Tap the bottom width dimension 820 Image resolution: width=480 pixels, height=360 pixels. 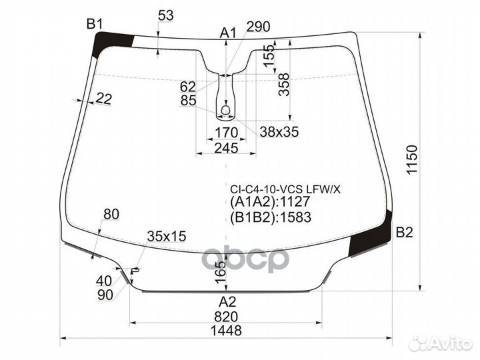pyautogui.click(x=227, y=317)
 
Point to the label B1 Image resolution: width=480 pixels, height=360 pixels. pyautogui.click(x=95, y=25)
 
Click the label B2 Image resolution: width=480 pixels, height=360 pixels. pyautogui.click(x=405, y=233)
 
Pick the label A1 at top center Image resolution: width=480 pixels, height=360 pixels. pyautogui.click(x=229, y=33)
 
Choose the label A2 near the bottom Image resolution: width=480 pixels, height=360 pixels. pyautogui.click(x=227, y=301)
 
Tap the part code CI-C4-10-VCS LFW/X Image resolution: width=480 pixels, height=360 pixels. pyautogui.click(x=285, y=189)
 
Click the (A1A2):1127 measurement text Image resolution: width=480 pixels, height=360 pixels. pyautogui.click(x=271, y=203)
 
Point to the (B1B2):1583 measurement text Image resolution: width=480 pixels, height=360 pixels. pyautogui.click(x=271, y=217)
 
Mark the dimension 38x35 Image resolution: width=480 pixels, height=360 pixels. pyautogui.click(x=279, y=132)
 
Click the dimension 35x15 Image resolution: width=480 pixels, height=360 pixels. pyautogui.click(x=166, y=235)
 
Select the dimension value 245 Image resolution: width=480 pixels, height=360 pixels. pyautogui.click(x=227, y=148)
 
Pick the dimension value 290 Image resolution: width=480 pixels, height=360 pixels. pyautogui.click(x=258, y=27)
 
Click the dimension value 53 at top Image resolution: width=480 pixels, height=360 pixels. pyautogui.click(x=166, y=15)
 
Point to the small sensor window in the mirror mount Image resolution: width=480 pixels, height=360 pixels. pyautogui.click(x=226, y=108)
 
